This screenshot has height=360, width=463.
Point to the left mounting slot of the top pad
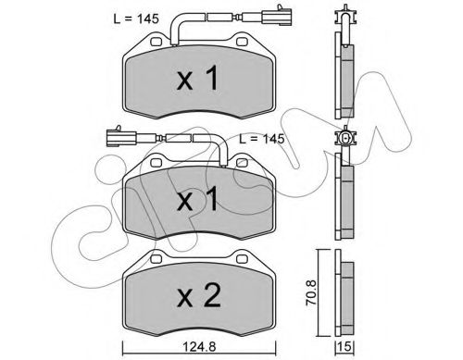(x=152, y=43)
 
